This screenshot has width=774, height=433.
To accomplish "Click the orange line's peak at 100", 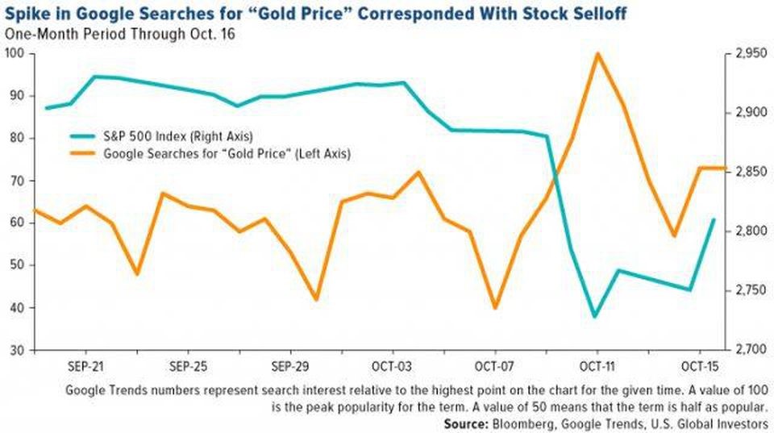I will [x=597, y=54].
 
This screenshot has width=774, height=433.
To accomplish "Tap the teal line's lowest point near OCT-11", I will [x=595, y=316].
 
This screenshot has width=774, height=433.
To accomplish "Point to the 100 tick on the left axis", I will [x=15, y=53].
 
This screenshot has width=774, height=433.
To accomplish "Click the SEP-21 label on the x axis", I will [x=84, y=364].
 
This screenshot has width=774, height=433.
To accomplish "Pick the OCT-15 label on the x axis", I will [x=700, y=364].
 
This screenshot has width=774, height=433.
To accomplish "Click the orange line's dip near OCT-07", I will [x=494, y=308].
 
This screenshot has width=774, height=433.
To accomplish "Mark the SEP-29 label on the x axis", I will [x=289, y=364].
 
